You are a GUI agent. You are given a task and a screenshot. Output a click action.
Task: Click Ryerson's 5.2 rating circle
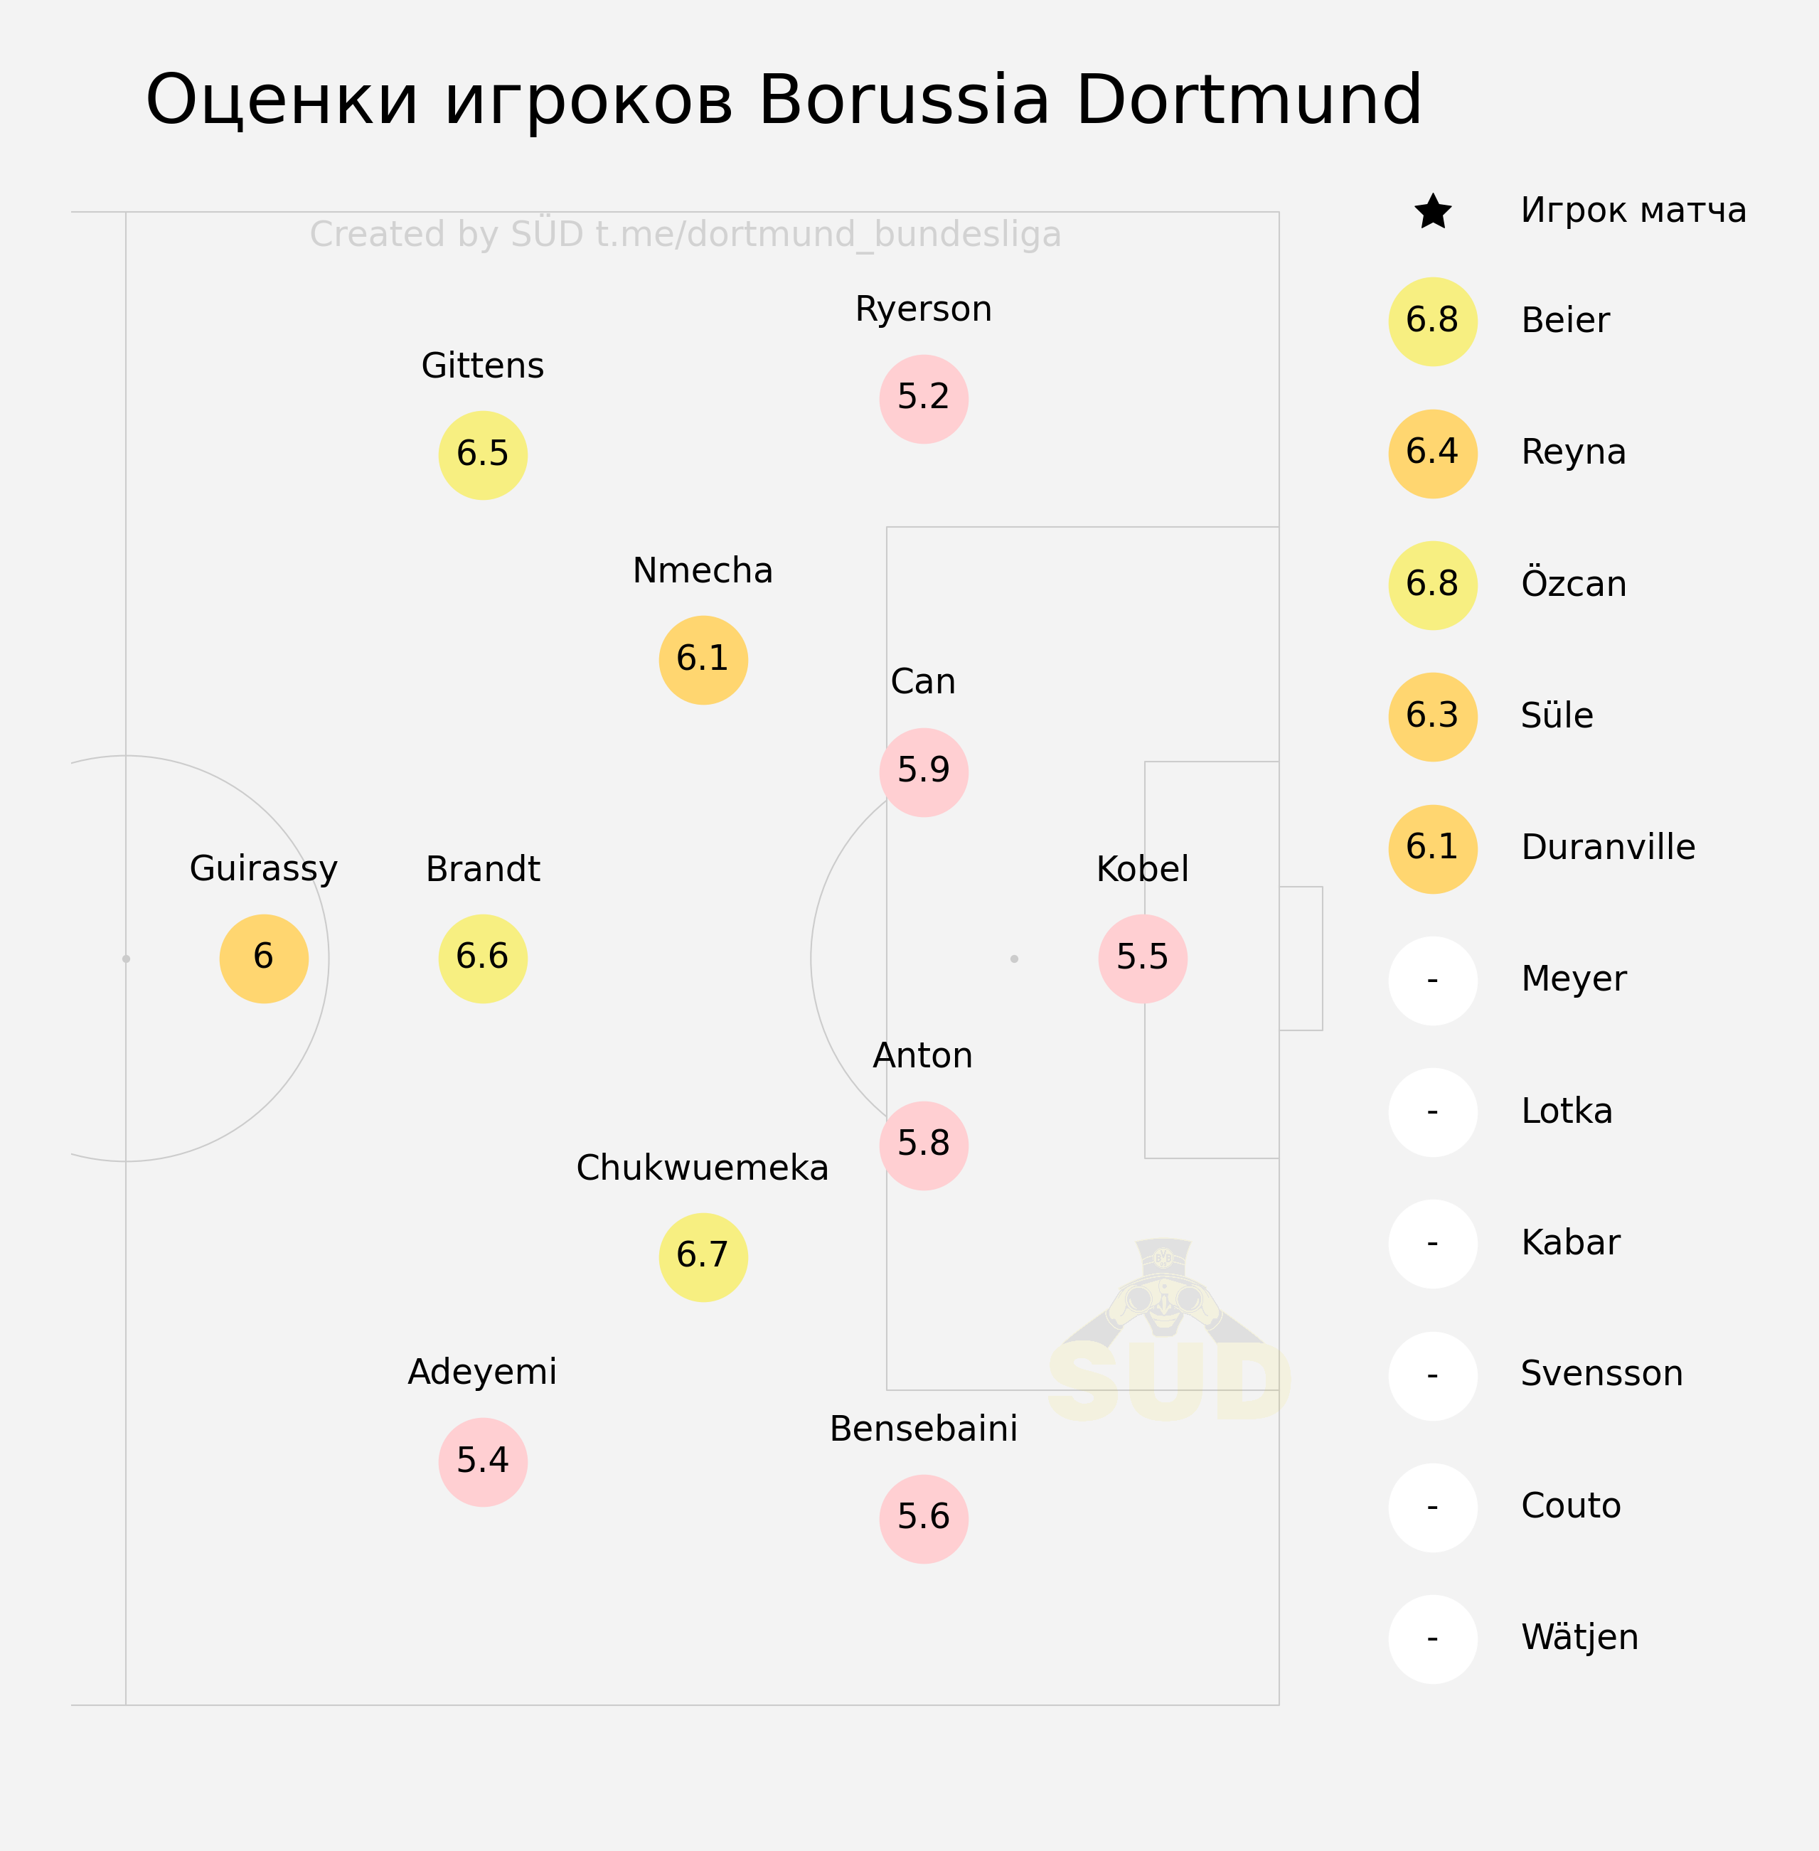click(924, 399)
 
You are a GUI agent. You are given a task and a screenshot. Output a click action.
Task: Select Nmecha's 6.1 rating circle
click(703, 660)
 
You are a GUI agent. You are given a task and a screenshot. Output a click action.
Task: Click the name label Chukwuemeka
click(702, 1167)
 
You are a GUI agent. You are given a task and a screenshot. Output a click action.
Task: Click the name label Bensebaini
click(923, 1429)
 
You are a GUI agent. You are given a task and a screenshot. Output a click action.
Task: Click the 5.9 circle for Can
click(924, 772)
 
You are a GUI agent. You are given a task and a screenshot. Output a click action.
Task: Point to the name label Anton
click(923, 1055)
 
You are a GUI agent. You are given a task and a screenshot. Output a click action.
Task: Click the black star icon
click(1433, 211)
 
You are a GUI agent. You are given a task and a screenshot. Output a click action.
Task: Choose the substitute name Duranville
click(1608, 847)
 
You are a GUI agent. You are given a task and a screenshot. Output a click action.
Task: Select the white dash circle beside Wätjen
click(1433, 1640)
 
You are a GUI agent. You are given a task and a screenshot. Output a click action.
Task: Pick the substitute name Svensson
click(1601, 1373)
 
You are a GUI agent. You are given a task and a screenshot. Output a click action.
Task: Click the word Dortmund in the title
click(1249, 100)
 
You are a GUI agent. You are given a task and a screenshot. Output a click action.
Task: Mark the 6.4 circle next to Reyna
click(1433, 454)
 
